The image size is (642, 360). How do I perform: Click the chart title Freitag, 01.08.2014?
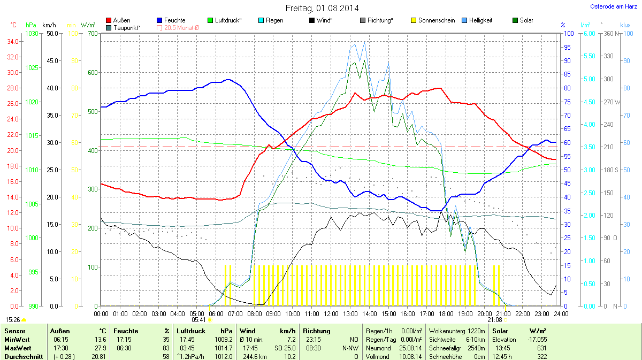322,8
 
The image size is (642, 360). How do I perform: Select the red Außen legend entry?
119,20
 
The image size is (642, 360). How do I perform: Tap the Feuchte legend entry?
171,20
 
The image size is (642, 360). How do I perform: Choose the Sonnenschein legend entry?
433,20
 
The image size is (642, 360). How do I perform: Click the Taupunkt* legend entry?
124,27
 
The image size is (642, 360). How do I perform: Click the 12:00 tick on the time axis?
331,313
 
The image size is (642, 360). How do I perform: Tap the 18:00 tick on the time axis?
446,313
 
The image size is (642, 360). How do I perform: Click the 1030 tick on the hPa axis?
32,34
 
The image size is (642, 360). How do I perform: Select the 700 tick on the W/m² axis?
92,34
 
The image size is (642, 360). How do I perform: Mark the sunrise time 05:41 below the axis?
198,320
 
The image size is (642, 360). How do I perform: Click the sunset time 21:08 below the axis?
494,320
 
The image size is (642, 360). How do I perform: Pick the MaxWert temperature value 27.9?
100,348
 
